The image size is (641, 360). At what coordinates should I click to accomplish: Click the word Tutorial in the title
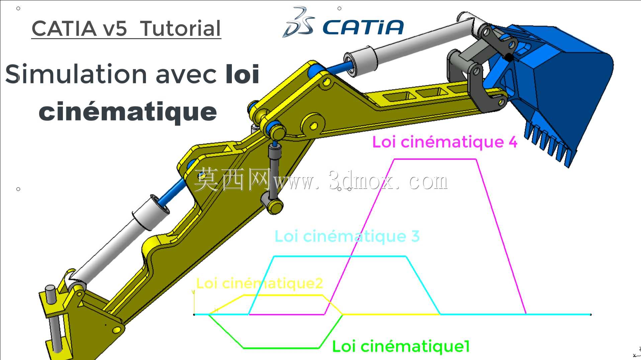tap(180, 28)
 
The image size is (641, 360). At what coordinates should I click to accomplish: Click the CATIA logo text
tap(363, 27)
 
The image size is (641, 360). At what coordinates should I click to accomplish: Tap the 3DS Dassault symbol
tap(298, 22)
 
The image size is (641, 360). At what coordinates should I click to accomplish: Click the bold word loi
tap(243, 74)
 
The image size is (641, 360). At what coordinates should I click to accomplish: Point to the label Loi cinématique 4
tap(445, 142)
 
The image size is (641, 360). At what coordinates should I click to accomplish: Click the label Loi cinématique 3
tap(347, 236)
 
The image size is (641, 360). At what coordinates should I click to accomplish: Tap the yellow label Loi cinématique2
tap(259, 283)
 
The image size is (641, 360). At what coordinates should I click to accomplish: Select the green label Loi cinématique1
tap(401, 346)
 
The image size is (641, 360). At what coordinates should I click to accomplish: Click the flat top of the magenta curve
tap(435, 160)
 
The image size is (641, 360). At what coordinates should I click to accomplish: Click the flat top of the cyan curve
tap(340, 257)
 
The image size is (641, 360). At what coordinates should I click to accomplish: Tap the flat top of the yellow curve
tap(283, 295)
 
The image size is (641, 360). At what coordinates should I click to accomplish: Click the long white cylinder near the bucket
tap(411, 43)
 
